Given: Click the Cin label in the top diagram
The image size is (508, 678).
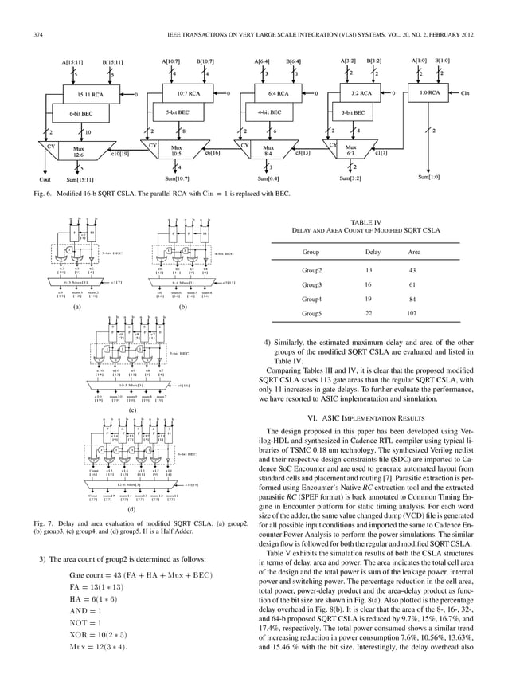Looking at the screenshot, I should [x=466, y=93].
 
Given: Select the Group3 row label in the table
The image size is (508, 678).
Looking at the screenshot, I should [x=311, y=284].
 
